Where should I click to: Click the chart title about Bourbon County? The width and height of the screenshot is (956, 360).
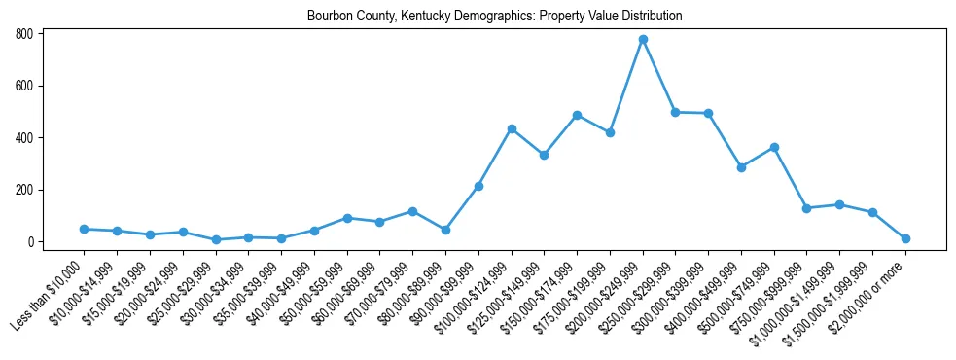(x=494, y=17)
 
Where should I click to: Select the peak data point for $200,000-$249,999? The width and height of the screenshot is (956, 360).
(x=643, y=39)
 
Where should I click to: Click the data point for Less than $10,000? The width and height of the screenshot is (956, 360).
(x=84, y=229)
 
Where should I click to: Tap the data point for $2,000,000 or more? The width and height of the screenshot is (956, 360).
(x=905, y=238)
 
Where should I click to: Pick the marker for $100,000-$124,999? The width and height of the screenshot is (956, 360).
(x=512, y=128)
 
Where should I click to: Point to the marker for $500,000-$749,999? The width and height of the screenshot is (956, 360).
(x=774, y=147)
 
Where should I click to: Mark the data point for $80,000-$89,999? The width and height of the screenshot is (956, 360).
(x=445, y=230)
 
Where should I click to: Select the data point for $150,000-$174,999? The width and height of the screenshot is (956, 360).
(x=577, y=115)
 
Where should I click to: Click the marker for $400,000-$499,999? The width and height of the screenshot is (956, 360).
(x=741, y=167)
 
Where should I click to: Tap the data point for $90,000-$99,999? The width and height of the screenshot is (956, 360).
(x=478, y=186)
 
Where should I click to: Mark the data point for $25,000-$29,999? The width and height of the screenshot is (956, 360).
(x=216, y=239)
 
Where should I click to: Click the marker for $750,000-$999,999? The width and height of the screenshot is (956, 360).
(x=806, y=208)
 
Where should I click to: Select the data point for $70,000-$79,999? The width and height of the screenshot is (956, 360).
(x=412, y=211)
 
